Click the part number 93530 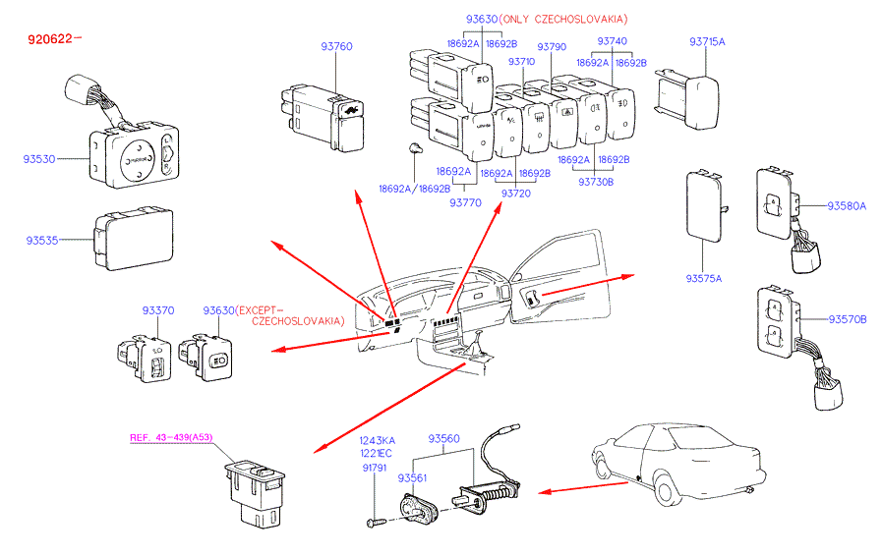[41, 157]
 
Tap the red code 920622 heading [54, 40]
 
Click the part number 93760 [336, 46]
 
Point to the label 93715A [706, 42]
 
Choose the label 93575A [704, 278]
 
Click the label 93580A [847, 206]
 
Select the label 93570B [847, 319]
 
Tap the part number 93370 [157, 310]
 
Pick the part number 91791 [375, 468]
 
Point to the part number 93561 [413, 478]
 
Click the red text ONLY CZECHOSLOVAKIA [563, 20]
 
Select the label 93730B [595, 182]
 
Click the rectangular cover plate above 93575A [703, 205]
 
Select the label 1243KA [376, 440]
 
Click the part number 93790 [551, 46]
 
